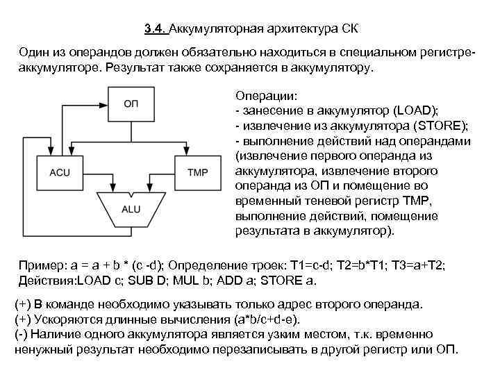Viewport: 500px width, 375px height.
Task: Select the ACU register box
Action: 60,172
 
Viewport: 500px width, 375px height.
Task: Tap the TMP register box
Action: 199,172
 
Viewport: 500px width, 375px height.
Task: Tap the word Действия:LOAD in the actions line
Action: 60,281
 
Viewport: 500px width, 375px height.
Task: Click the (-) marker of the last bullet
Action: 23,333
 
